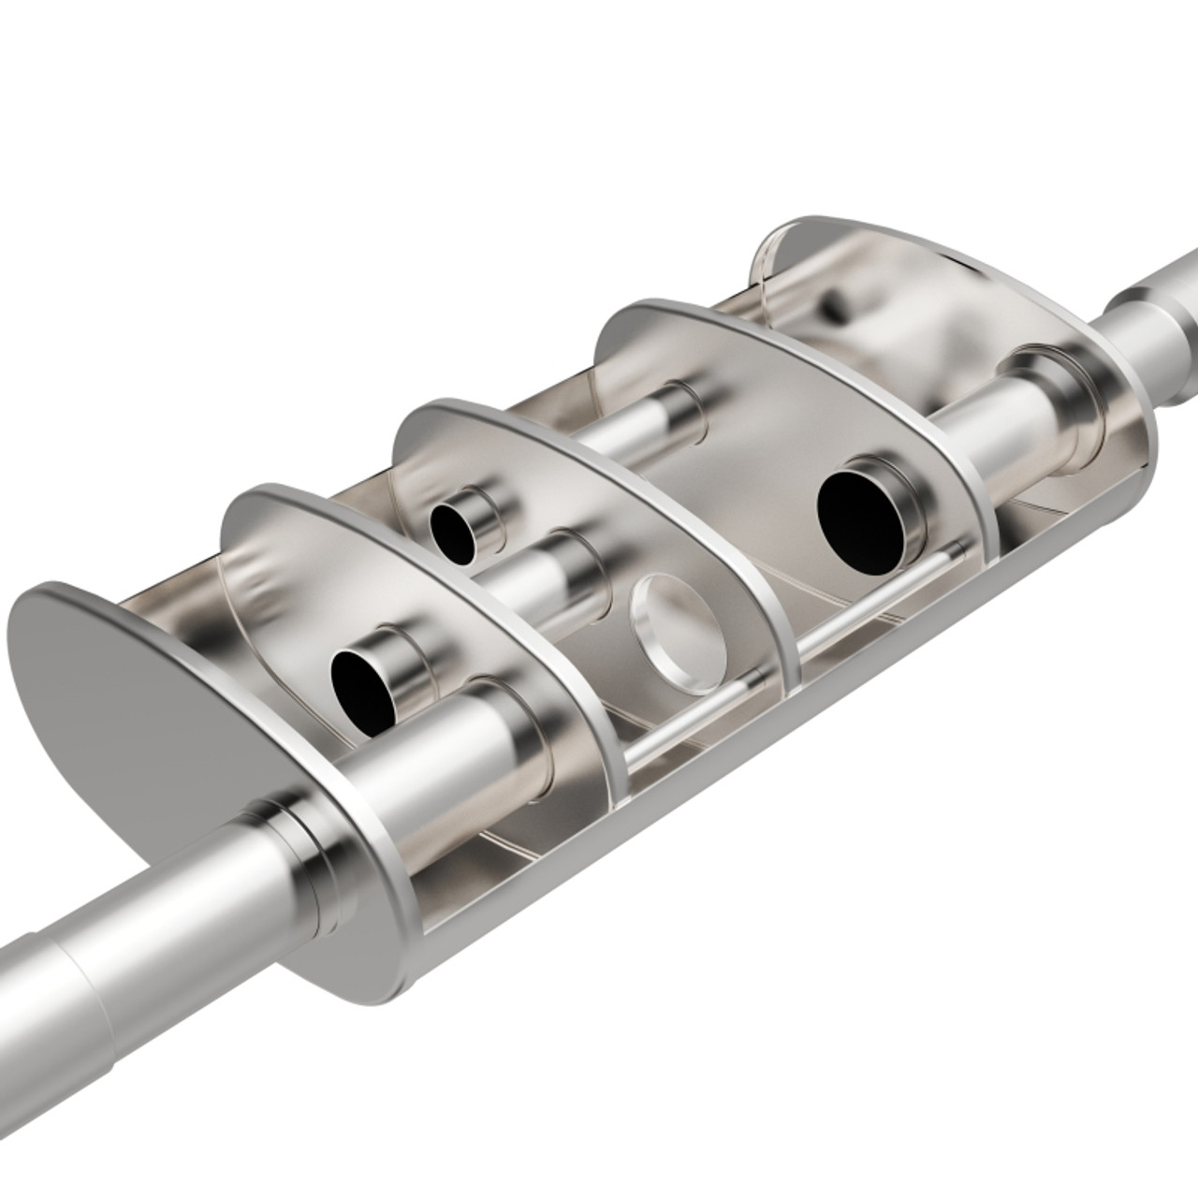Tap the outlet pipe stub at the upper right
pos(1156,309)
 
